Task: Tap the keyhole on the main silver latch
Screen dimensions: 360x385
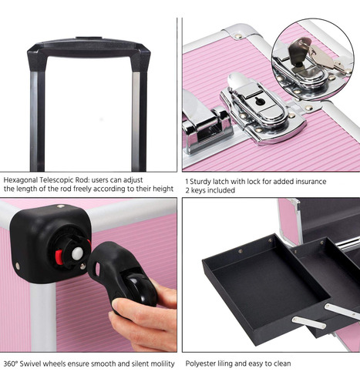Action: tap(260, 102)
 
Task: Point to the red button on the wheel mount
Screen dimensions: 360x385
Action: tap(59, 257)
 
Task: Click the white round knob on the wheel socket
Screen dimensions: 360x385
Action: tap(77, 253)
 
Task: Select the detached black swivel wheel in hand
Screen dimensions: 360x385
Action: tap(123, 275)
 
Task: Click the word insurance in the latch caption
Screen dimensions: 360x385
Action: tap(311, 182)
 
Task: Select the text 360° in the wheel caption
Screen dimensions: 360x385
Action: tap(10, 363)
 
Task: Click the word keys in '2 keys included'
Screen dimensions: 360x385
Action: tap(197, 190)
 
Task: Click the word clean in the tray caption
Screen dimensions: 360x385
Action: tap(281, 363)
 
